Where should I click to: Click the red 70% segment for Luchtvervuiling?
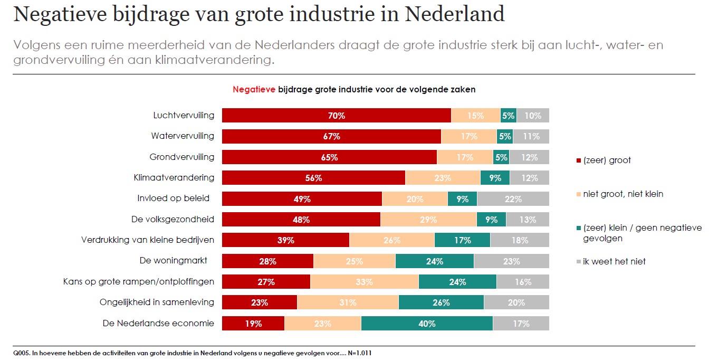[x=336, y=116]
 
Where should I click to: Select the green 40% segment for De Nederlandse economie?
[x=427, y=324]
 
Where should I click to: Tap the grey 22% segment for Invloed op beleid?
[x=513, y=199]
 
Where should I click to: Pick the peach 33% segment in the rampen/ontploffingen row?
[x=364, y=282]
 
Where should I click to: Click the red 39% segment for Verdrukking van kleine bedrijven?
[x=285, y=240]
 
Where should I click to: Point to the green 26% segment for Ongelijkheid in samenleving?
[x=441, y=302]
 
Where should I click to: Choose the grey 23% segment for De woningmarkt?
[x=511, y=261]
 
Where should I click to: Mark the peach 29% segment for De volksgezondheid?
[x=428, y=220]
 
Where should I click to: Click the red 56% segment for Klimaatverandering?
[x=313, y=178]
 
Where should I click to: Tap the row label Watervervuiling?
[x=183, y=136]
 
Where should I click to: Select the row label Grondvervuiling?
[x=182, y=157]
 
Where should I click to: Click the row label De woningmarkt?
[x=173, y=261]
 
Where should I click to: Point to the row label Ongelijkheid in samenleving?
[x=157, y=302]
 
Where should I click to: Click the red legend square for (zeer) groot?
[x=579, y=161]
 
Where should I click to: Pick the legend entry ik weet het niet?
[x=614, y=261]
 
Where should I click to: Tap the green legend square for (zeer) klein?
[x=579, y=228]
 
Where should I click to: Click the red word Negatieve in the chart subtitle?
[x=254, y=90]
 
